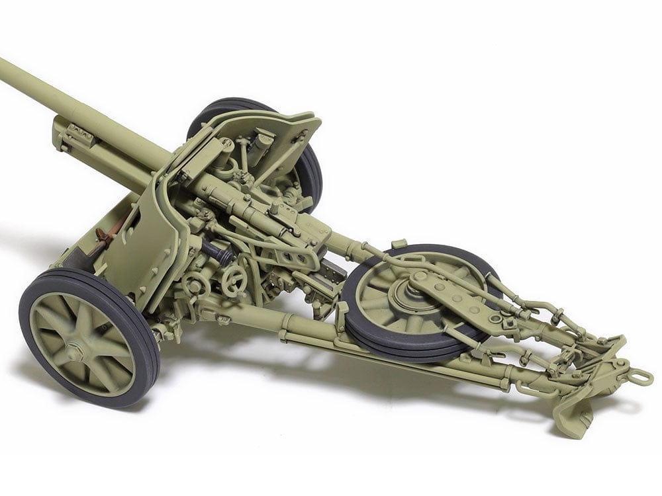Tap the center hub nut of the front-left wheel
point(73,348)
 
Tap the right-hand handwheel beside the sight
point(234,282)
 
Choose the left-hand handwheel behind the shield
point(197,285)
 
